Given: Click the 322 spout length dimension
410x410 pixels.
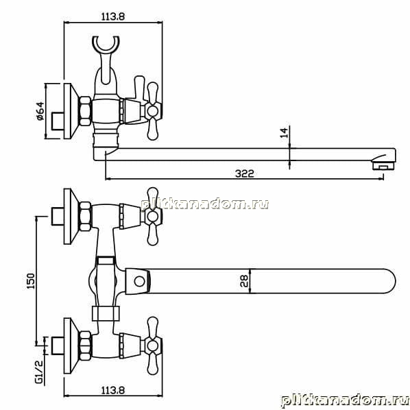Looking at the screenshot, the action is (245, 173).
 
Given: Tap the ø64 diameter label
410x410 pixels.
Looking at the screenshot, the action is (40, 111).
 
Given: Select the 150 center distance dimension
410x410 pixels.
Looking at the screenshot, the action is (31, 281).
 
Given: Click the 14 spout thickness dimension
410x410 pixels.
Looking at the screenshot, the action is (285, 132).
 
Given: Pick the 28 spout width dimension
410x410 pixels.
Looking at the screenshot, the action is (245, 281).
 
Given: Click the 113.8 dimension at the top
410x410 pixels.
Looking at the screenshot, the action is (113, 16).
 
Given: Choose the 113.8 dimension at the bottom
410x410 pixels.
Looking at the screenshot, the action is (113, 391).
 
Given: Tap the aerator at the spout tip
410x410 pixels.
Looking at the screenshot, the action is (383, 166).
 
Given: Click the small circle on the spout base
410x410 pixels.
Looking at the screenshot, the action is (139, 282).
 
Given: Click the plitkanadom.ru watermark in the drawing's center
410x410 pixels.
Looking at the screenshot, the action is (205, 204).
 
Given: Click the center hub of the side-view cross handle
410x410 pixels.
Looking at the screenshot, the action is (152, 111).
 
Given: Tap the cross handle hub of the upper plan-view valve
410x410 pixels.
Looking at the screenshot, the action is (152, 216).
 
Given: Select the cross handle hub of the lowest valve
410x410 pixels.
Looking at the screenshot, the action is (152, 346).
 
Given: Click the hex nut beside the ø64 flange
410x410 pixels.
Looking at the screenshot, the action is (85, 111).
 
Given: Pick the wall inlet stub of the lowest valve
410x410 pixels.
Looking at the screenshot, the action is (58, 346).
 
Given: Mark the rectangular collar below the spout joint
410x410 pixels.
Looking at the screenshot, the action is (106, 313).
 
